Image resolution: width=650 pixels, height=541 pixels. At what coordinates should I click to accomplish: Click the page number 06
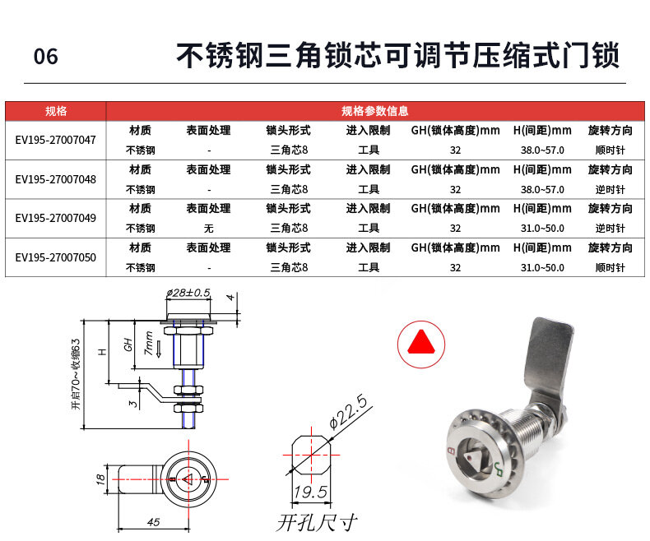[45, 57]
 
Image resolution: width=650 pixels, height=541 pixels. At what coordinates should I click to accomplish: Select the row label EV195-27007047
[56, 140]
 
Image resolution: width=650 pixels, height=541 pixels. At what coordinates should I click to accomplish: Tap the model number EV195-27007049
[56, 218]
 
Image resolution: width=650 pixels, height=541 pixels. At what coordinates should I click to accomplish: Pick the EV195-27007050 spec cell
[56, 257]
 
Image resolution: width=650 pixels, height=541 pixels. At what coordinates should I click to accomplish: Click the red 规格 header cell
[56, 111]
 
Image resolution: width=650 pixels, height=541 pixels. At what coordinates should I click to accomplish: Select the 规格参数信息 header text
[374, 111]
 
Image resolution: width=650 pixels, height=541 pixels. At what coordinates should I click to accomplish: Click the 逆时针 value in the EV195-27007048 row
[610, 189]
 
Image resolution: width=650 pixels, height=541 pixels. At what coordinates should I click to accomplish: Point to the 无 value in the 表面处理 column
[208, 229]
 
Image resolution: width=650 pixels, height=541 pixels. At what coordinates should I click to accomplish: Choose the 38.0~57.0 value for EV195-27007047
[542, 150]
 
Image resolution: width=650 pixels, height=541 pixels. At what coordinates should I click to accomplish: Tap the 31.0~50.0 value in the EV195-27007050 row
[542, 267]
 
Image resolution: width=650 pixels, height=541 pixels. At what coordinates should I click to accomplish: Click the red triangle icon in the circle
[421, 342]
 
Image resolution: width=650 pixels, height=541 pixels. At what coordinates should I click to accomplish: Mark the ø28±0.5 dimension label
[188, 293]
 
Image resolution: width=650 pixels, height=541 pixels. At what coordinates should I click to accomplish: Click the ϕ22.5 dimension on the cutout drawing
[348, 411]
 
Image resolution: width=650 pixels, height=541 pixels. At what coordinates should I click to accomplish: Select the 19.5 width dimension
[310, 492]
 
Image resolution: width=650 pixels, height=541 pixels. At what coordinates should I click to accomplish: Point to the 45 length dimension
[153, 522]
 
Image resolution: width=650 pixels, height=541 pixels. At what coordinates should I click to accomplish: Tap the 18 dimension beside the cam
[100, 479]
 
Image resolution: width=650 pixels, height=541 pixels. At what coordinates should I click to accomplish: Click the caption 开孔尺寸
[317, 522]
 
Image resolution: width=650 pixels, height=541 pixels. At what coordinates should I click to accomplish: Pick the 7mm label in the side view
[149, 344]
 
